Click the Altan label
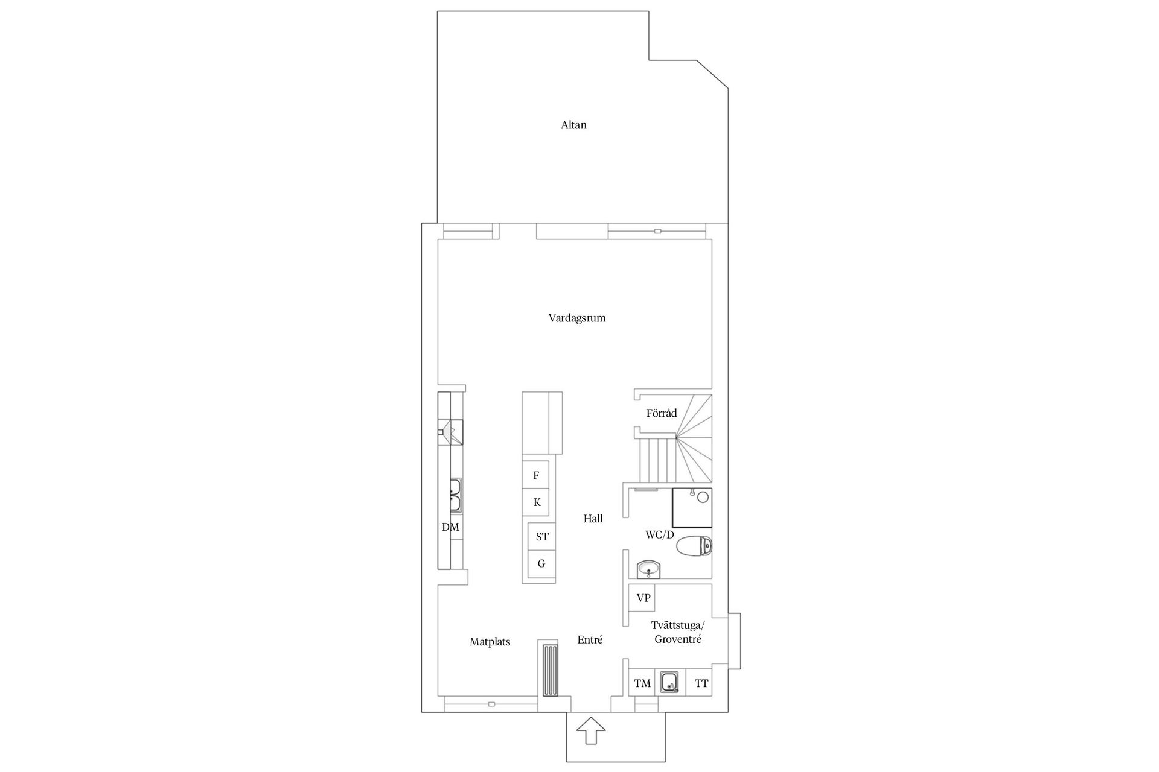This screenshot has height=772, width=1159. (573, 125)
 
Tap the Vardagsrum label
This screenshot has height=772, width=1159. (576, 318)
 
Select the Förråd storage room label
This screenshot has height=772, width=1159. (662, 413)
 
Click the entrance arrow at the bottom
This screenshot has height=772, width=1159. (590, 732)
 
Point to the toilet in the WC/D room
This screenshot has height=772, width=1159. (694, 547)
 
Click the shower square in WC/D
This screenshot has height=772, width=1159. (692, 508)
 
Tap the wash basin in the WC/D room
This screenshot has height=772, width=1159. (649, 569)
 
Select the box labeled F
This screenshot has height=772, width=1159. (536, 475)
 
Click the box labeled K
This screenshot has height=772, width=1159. (536, 502)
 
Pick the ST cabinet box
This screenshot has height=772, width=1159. (542, 536)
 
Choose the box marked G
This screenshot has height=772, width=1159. (541, 564)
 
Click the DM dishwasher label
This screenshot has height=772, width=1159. (450, 527)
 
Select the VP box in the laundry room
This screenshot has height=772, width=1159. (643, 598)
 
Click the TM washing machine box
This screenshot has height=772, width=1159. (642, 683)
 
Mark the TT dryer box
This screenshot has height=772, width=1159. (701, 683)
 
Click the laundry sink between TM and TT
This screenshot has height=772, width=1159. (669, 682)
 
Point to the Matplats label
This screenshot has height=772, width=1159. (490, 642)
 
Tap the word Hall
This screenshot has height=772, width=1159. (593, 519)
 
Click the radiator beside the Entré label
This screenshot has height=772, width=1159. (549, 670)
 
